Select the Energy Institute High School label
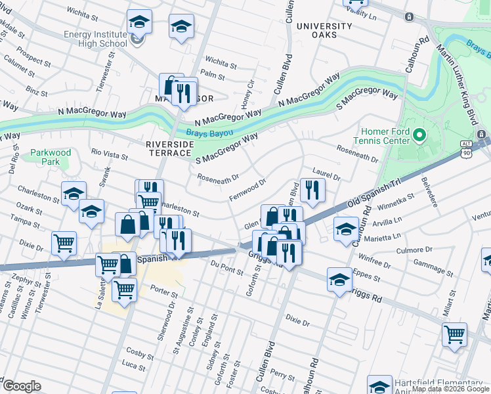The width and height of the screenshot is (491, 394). tap(95, 39)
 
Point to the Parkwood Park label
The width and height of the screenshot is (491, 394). tap(51, 157)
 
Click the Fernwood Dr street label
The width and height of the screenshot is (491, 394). tap(247, 190)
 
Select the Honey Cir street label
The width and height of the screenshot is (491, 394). tap(247, 95)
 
